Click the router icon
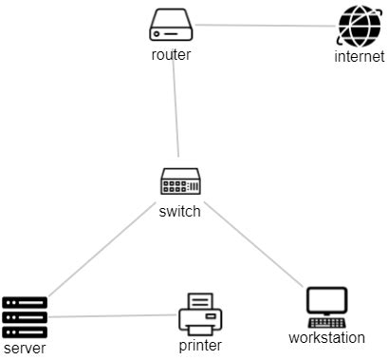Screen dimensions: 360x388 [x=171, y=26]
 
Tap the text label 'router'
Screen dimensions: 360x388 [x=171, y=54]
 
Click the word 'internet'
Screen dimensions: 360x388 [x=360, y=57]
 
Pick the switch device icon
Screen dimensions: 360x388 [x=179, y=182]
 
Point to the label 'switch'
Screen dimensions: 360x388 [x=179, y=211]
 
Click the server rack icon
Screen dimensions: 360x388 [x=25, y=317]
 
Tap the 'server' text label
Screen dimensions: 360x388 [x=25, y=349]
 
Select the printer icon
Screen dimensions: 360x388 [x=199, y=313]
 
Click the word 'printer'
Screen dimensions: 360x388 [x=199, y=345]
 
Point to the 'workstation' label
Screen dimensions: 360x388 [x=326, y=337]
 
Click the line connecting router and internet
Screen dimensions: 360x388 [x=266, y=26]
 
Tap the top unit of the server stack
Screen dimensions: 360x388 [x=25, y=303]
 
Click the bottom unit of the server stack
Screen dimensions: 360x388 [x=25, y=332]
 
